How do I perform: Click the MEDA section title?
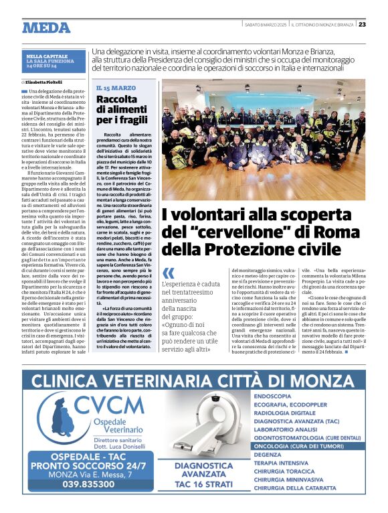point(46,27)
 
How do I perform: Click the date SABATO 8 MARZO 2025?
point(265,24)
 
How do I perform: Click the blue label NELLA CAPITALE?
point(45,56)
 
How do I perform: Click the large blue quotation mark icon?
point(169,273)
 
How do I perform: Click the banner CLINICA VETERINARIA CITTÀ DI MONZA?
point(193,380)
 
